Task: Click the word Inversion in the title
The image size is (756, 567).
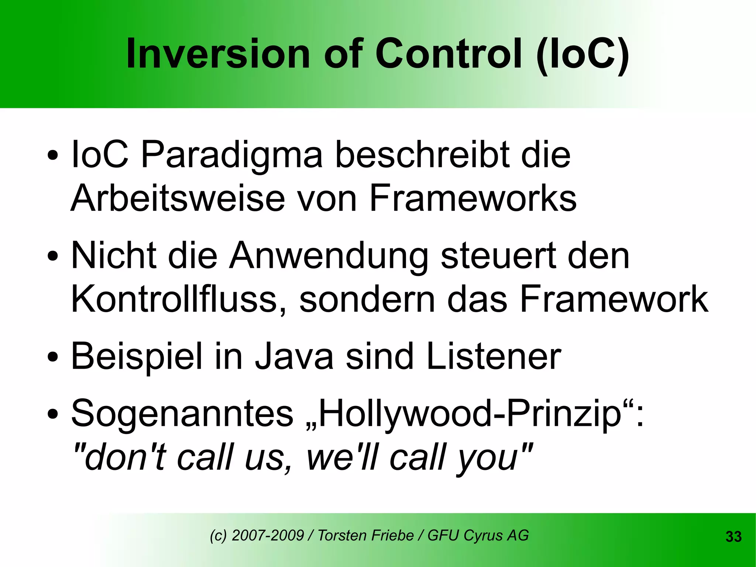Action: tap(218, 54)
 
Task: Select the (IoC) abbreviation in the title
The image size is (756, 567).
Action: tap(583, 55)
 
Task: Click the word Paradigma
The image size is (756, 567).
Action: tap(232, 155)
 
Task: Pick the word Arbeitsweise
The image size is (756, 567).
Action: tap(178, 198)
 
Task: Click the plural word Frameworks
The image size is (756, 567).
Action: tap(473, 198)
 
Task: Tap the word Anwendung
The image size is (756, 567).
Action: tap(329, 257)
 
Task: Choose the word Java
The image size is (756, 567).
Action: tap(294, 356)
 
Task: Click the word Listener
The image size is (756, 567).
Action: tap(494, 356)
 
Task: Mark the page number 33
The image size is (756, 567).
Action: tap(733, 537)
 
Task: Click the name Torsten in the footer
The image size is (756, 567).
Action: tap(342, 535)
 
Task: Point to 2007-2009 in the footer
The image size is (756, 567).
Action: tap(268, 535)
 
